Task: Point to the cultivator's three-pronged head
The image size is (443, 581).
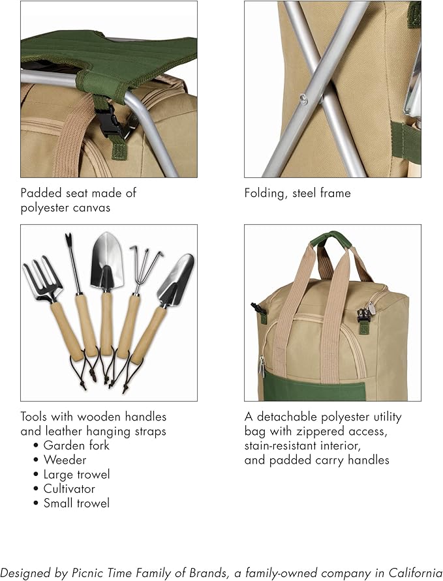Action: click(145, 263)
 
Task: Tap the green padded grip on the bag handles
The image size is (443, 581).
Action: click(331, 238)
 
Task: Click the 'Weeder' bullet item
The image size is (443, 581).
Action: click(65, 460)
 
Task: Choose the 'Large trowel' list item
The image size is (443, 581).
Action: click(76, 474)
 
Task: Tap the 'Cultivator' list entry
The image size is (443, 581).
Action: click(69, 488)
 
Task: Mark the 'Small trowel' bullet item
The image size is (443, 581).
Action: click(76, 503)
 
